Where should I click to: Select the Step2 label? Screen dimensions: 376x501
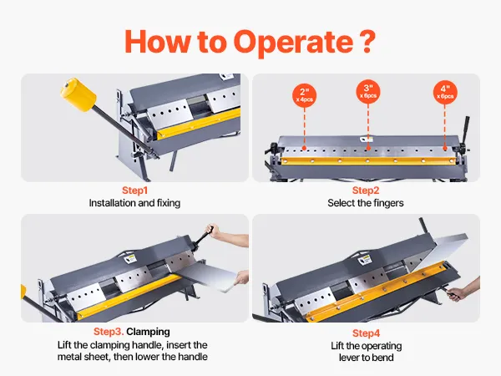367,191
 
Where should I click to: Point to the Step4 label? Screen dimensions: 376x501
367,333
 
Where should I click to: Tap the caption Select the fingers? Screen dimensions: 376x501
367,203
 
